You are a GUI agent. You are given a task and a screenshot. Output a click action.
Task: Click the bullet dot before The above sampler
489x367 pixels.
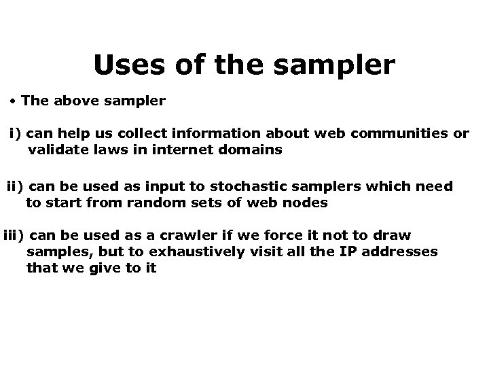pos(14,101)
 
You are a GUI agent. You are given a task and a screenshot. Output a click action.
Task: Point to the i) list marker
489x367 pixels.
pos(16,134)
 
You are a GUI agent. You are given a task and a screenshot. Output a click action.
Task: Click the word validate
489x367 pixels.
pos(56,150)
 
